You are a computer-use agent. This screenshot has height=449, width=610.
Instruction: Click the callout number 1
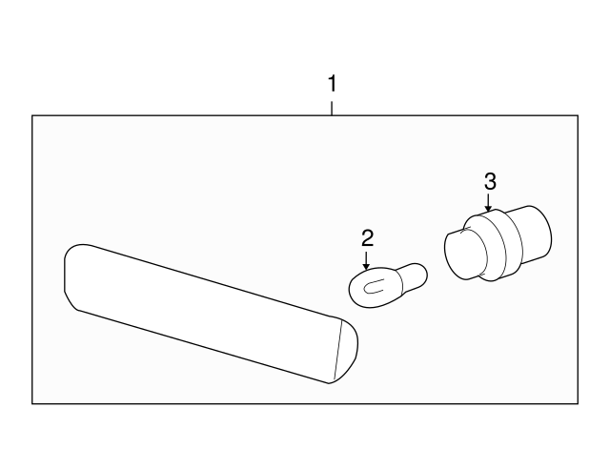[x=332, y=84]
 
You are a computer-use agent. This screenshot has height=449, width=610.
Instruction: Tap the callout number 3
[x=490, y=181]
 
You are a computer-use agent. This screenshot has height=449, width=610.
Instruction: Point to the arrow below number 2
[x=366, y=260]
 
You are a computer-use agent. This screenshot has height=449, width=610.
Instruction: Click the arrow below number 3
[x=488, y=203]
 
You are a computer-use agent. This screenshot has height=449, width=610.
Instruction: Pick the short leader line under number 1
[x=332, y=109]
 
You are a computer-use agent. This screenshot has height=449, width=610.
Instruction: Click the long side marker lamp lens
[x=211, y=314]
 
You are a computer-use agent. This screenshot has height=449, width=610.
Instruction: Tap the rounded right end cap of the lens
[x=347, y=350]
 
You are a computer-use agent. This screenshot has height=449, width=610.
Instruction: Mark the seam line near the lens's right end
[x=337, y=350]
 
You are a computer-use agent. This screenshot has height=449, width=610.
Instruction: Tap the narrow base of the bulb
[x=413, y=276]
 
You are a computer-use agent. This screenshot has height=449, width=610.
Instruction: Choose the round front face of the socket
[x=466, y=255]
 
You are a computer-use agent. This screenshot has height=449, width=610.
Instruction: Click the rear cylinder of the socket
[x=530, y=233]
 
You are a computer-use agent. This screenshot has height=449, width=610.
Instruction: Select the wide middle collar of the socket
[x=495, y=245]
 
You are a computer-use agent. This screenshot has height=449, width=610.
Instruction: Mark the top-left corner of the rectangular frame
[x=31, y=115]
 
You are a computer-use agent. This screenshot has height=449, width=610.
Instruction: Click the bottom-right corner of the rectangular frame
[x=578, y=403]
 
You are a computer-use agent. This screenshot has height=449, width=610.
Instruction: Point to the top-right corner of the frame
[x=578, y=115]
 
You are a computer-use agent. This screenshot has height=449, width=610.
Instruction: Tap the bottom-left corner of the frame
[x=31, y=403]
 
